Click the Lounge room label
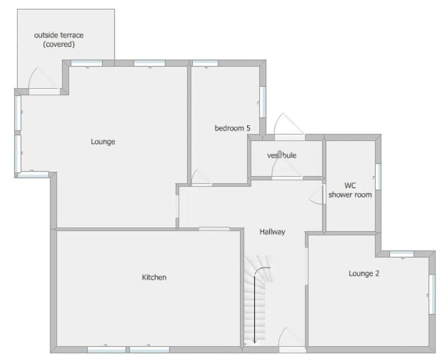click(x=103, y=142)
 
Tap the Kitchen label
click(x=154, y=277)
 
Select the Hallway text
click(x=272, y=232)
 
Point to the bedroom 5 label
click(x=233, y=128)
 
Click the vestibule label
click(x=282, y=155)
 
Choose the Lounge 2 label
click(x=364, y=273)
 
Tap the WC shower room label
click(x=350, y=190)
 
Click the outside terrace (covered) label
click(x=58, y=39)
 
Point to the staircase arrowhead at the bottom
click(x=255, y=341)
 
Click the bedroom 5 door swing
click(x=201, y=177)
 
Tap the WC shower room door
click(x=317, y=194)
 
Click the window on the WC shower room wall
click(x=378, y=176)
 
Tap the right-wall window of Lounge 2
click(x=431, y=294)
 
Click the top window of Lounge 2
click(x=401, y=254)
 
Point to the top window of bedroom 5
click(x=205, y=63)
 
